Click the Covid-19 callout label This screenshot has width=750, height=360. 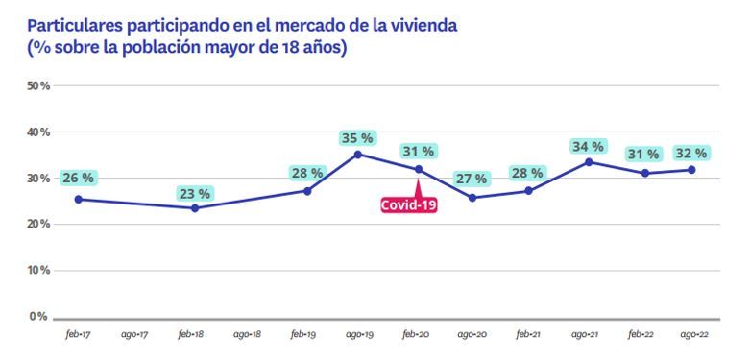coord(409,204)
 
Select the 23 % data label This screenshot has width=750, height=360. coord(195,193)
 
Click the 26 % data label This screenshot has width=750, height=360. coord(78,178)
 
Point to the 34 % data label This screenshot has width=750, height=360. coord(588,147)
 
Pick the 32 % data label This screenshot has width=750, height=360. coord(690,153)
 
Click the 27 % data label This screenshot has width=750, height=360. coord(472,179)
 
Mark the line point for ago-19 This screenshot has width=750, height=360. coord(358,154)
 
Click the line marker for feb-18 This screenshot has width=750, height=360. coord(195,208)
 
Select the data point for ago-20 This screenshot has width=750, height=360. coord(472,198)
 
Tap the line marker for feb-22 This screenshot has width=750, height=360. coord(645,173)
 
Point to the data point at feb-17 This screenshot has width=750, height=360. coord(78,200)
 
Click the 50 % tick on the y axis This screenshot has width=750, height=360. coord(38,86)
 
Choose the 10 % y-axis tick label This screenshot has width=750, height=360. coord(38,271)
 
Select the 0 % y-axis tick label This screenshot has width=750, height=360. coord(39,316)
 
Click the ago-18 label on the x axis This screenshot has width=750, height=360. coord(248,334)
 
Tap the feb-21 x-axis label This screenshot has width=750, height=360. coord(527,334)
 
